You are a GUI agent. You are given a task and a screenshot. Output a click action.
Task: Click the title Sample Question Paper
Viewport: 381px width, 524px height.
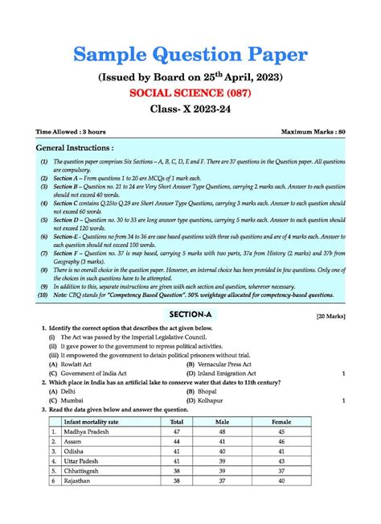tap(190, 55)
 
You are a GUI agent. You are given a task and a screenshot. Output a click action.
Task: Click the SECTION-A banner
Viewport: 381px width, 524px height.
tap(190, 313)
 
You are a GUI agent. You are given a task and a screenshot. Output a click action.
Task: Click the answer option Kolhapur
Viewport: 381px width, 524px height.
tap(211, 400)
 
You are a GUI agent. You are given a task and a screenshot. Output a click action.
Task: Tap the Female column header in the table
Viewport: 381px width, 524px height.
tap(281, 421)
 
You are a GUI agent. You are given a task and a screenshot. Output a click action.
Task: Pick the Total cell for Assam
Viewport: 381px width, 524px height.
tap(177, 442)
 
